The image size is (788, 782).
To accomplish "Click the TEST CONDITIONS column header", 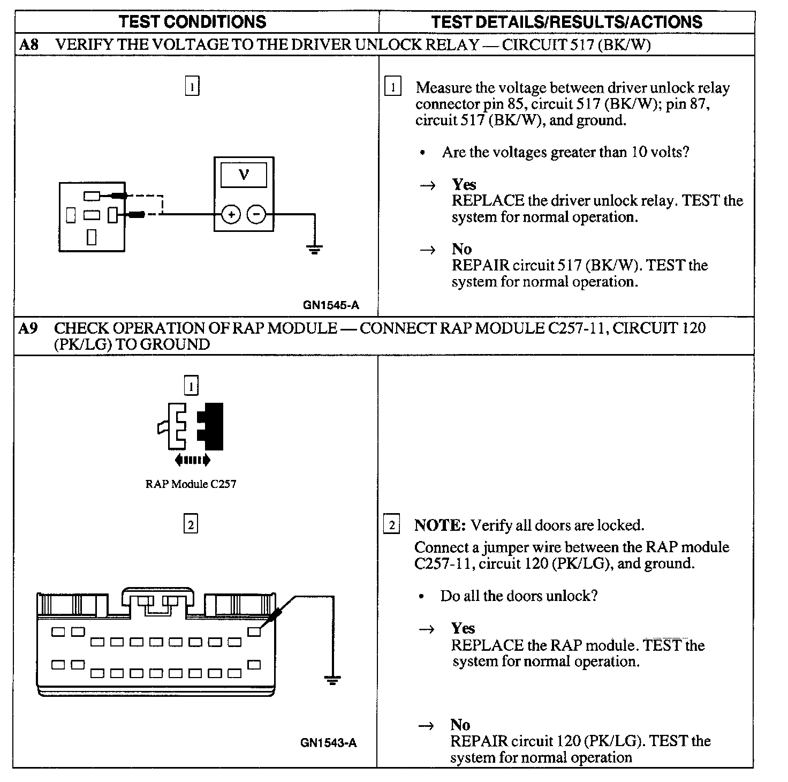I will coord(192,21).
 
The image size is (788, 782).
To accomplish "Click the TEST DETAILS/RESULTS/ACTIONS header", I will coord(566,21).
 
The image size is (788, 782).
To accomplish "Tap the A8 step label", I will coord(28,44).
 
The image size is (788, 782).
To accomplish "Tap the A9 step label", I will coord(28,328).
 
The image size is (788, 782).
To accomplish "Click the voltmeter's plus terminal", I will coord(231,215).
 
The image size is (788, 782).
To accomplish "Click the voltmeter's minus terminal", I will coord(257,215).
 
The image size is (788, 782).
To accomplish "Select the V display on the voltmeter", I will coord(244,175).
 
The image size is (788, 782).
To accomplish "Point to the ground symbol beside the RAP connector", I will coord(332,681).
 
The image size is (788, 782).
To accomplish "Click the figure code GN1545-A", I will coord(331,305).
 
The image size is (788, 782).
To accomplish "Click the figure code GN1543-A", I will coord(328,742).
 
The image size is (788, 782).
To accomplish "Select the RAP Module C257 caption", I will coord(191,484).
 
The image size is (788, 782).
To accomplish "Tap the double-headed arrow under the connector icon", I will coord(193,460).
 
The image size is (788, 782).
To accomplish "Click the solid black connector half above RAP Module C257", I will coord(212,426).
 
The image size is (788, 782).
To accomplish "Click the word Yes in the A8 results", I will coord(464,185).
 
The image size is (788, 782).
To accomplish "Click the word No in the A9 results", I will coord(460,725).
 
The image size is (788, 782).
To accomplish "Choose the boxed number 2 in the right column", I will coord(391,525).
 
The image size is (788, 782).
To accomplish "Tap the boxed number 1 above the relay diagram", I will coord(192,86).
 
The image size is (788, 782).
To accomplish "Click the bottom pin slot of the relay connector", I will coord(92,236).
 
